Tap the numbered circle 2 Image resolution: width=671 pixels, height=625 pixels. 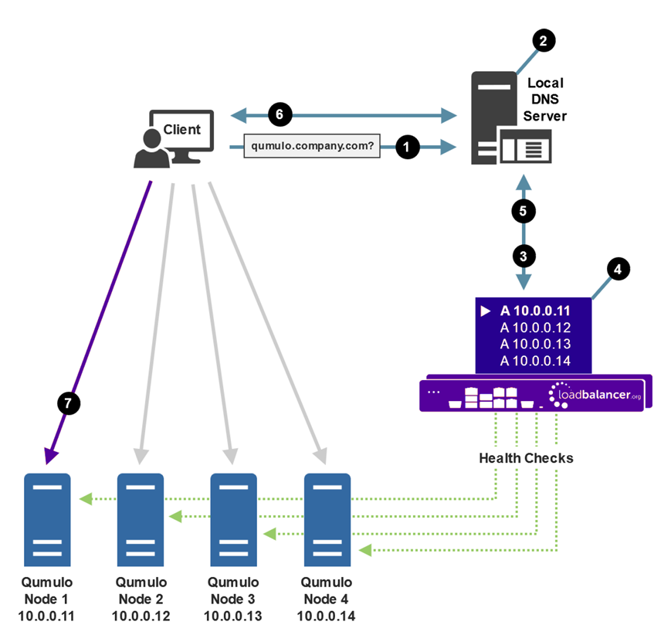tap(543, 41)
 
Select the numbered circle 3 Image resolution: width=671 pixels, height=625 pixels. tap(524, 255)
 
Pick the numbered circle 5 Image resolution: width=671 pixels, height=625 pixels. tap(524, 210)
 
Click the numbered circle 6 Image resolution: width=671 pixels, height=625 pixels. tap(280, 115)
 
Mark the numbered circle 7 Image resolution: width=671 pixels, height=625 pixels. tap(69, 403)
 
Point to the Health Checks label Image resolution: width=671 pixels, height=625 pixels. tap(526, 458)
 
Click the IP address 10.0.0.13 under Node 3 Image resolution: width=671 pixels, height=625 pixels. tap(233, 616)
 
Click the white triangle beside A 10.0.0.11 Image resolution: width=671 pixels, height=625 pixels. tap(486, 311)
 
